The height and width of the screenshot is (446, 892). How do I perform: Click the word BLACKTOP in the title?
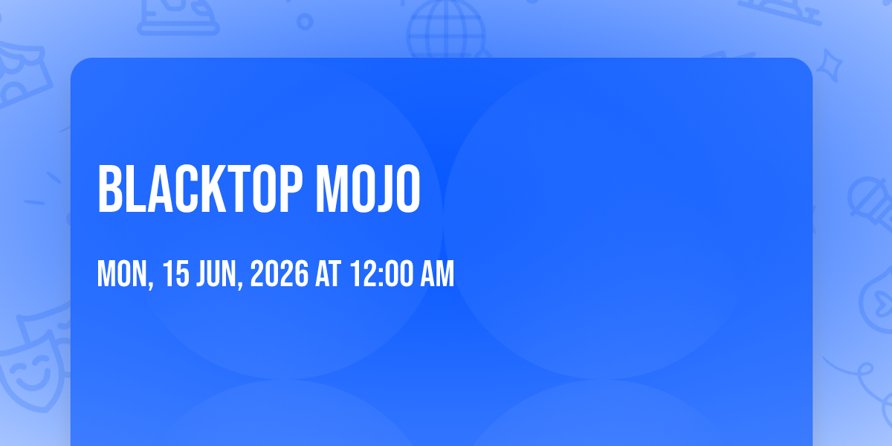click(x=200, y=189)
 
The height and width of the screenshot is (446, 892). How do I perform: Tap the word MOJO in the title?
click(x=368, y=189)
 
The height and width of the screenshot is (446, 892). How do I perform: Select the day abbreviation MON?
click(x=122, y=274)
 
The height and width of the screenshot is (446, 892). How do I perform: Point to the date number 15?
click(x=176, y=274)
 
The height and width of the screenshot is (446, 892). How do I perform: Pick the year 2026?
click(x=279, y=274)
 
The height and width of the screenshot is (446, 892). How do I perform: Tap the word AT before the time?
click(x=328, y=274)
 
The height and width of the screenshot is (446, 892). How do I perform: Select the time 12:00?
click(x=381, y=274)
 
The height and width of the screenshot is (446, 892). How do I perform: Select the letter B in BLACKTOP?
click(x=109, y=189)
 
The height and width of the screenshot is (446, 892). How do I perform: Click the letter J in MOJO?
click(x=378, y=189)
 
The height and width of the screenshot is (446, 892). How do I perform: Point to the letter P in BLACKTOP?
click(x=291, y=189)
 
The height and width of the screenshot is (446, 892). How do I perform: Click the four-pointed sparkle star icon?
click(x=830, y=65)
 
